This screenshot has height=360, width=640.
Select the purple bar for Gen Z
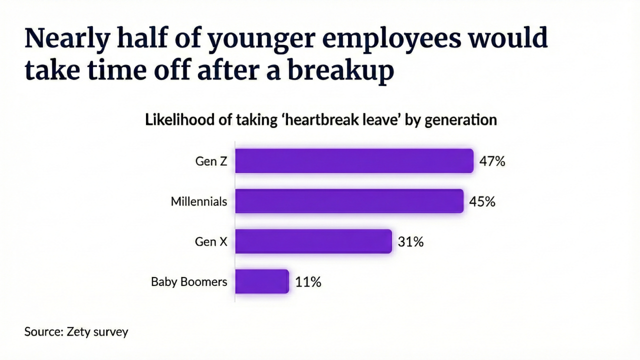(x=354, y=161)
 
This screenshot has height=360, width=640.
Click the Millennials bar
(x=349, y=201)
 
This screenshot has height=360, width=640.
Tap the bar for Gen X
(x=313, y=241)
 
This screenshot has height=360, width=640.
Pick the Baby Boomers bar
(x=262, y=281)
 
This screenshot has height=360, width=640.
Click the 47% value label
(x=492, y=161)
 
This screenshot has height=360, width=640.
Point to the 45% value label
(x=482, y=201)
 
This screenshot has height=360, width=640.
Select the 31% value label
(x=410, y=242)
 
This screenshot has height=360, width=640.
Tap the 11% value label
(x=308, y=282)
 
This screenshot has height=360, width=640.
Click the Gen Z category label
(x=211, y=161)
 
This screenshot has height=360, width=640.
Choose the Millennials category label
(x=199, y=201)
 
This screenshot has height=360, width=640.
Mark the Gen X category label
(x=211, y=242)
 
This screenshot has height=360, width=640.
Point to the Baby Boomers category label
(x=189, y=282)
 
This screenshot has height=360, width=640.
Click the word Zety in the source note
(x=78, y=331)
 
